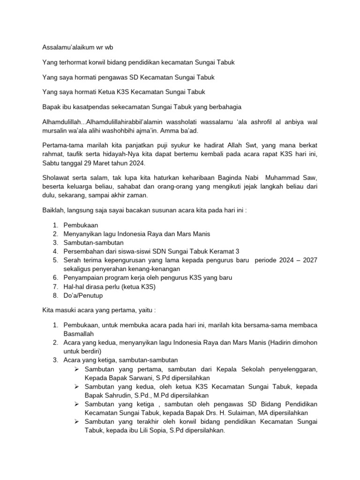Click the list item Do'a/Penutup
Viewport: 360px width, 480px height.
82,295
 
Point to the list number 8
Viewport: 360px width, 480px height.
54,295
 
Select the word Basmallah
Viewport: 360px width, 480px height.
79,334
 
